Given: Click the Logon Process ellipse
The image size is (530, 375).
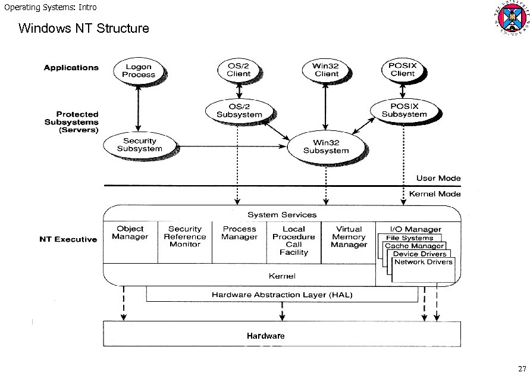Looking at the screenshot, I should coord(138,71).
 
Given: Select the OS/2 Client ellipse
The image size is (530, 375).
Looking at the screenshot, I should coord(239,70).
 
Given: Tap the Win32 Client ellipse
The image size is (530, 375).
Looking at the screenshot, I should coord(327,70).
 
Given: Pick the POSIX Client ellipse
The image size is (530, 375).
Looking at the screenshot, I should coord(403,70).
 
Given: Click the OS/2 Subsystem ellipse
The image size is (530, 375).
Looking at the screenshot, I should coord(239,110).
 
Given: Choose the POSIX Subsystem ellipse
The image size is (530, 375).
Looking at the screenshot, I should coord(404,110).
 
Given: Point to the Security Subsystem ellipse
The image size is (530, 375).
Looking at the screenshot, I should coord(139,145).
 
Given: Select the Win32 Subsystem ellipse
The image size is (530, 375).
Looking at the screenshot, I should coord(326,146).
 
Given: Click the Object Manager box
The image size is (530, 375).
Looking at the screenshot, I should coord(130,233).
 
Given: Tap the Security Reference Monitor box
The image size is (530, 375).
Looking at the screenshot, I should coord(185,237).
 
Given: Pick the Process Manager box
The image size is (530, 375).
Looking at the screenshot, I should coord(239,233).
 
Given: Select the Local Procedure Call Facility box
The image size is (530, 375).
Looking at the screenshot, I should coord(294,240).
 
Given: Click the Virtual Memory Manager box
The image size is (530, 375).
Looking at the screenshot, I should coord(349,237).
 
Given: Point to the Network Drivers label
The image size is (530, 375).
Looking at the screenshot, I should coord(424,262).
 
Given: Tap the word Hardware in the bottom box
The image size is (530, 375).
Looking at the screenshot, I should coord(266,336).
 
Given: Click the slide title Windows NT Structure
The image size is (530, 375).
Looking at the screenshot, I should coord(84,28).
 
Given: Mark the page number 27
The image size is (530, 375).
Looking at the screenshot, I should coord(521,367).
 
